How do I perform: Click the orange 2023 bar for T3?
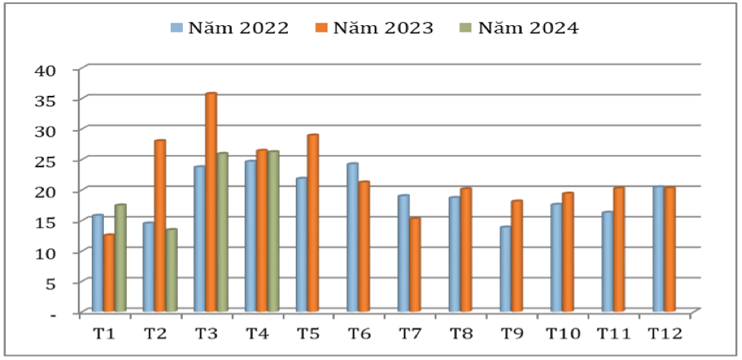(x=210, y=202)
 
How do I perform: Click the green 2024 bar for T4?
(x=273, y=231)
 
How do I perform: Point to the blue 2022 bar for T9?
(x=505, y=269)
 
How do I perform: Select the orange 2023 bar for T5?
(x=312, y=223)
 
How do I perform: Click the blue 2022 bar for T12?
(x=658, y=249)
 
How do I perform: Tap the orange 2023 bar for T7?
(x=414, y=264)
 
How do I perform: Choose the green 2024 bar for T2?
(x=171, y=270)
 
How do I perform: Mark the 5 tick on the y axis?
(x=49, y=283)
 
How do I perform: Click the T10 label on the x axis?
(x=561, y=332)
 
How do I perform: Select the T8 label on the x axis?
(x=460, y=332)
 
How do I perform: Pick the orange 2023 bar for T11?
(x=618, y=249)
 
